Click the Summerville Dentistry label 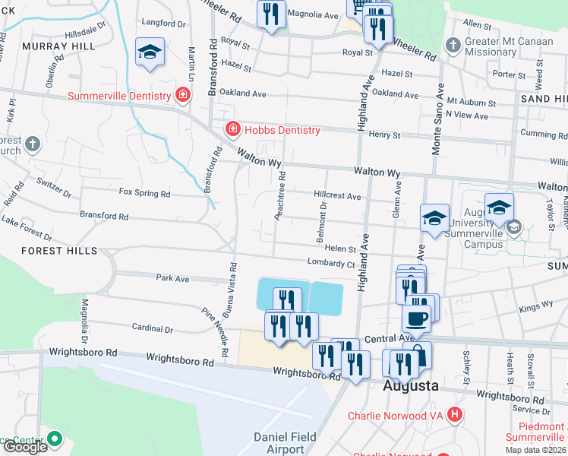119,96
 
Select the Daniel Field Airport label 286,443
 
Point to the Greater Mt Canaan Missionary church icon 453,45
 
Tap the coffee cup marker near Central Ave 416,317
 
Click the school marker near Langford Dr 150,52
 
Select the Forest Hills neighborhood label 59,251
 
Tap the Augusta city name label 410,385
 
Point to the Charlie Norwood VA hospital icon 454,415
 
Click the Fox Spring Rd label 144,193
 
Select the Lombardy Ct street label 330,263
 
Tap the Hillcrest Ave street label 337,196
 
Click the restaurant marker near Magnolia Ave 271,14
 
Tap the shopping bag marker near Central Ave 418,353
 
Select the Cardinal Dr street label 153,330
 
